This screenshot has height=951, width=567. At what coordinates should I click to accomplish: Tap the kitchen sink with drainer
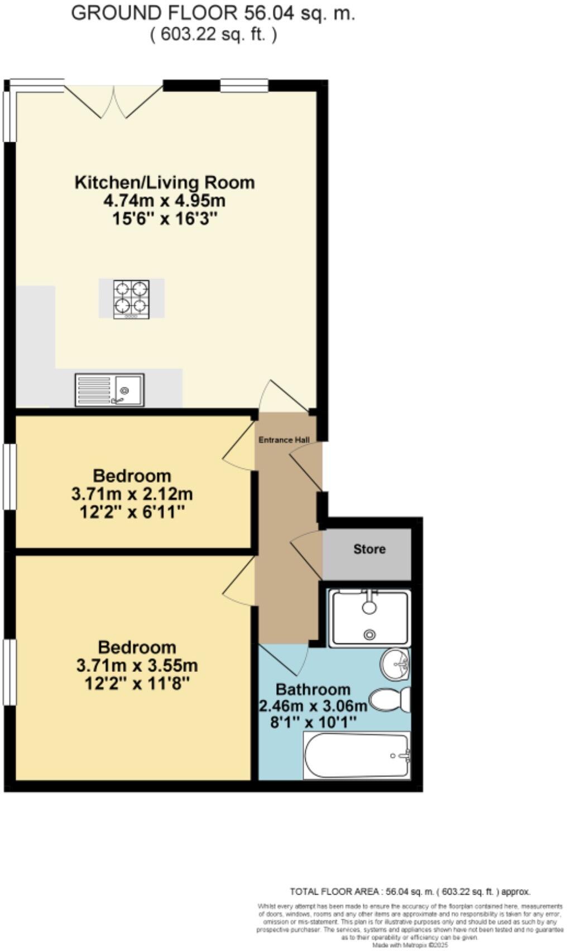(110, 389)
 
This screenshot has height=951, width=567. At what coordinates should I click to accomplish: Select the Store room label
(369, 549)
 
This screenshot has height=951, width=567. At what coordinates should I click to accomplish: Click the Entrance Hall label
(284, 440)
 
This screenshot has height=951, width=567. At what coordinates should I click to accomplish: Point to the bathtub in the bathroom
(357, 756)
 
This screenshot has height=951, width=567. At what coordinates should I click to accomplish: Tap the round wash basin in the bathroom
(396, 664)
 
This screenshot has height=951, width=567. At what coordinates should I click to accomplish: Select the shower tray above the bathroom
(369, 618)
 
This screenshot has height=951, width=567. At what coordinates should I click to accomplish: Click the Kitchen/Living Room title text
(165, 182)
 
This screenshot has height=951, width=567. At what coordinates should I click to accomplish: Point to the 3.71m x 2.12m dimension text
(132, 494)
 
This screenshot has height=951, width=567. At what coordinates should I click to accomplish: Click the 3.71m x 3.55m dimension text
(137, 665)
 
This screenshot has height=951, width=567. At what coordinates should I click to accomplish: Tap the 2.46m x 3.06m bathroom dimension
(314, 707)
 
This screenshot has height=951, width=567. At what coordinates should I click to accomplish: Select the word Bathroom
(313, 689)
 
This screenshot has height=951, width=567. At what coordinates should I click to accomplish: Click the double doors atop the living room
(114, 100)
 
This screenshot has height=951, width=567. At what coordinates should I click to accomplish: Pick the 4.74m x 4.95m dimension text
(165, 200)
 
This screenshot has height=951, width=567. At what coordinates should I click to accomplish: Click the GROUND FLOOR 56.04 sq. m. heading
(213, 13)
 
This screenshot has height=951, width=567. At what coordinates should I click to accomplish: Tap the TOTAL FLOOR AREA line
(410, 892)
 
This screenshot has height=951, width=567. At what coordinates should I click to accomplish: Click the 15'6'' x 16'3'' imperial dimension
(165, 218)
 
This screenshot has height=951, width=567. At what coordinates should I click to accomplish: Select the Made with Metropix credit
(410, 945)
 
